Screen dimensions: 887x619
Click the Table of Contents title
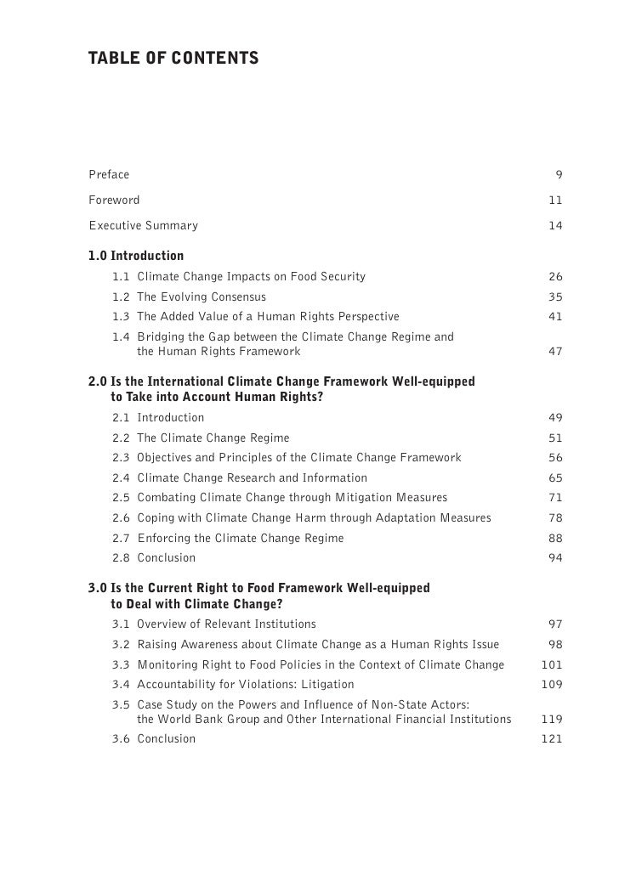[x=173, y=59]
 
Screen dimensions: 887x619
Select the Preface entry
[x=109, y=175]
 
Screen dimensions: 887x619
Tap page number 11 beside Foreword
[x=555, y=201]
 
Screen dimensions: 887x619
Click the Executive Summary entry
[x=143, y=226]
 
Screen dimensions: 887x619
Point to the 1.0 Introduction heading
[x=136, y=256]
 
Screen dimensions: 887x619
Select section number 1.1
[x=121, y=277]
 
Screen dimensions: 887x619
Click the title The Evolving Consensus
[x=202, y=297]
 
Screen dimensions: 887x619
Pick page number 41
[x=555, y=317]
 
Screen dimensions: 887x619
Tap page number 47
[x=555, y=351]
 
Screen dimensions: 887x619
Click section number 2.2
[x=121, y=438]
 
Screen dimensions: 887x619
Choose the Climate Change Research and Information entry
[x=253, y=478]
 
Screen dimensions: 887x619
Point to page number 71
[x=555, y=498]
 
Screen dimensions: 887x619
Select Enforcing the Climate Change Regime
[x=241, y=539]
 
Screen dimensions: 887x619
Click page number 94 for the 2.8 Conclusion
[x=555, y=558]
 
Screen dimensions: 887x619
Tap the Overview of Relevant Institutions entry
[x=226, y=624]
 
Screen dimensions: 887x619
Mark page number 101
[x=552, y=664]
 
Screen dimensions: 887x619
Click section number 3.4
[x=121, y=685]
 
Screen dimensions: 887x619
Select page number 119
[x=552, y=719]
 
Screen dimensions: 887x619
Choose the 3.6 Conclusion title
[x=167, y=739]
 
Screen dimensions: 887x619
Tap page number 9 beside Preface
[x=559, y=175]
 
